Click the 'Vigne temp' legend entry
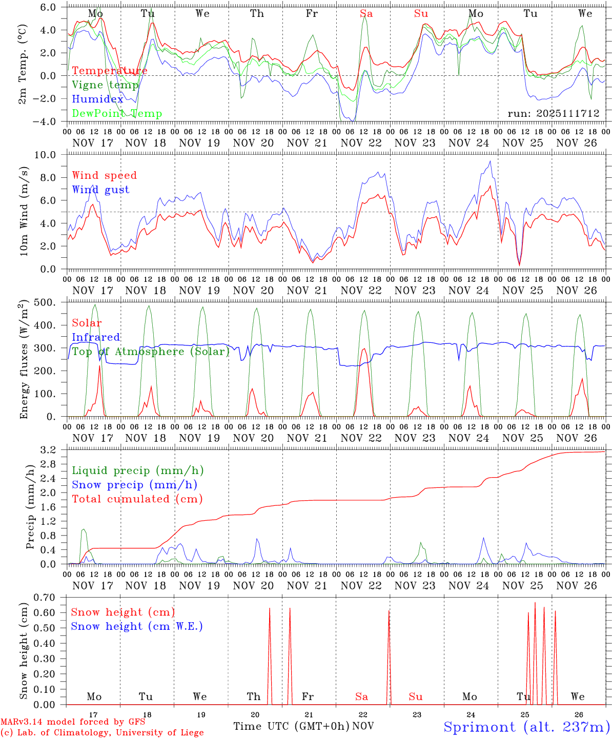point(105,85)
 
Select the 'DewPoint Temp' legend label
point(117,114)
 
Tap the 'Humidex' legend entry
point(97,99)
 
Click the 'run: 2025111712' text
point(553,113)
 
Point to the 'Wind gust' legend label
point(100,190)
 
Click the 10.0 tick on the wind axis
point(51,155)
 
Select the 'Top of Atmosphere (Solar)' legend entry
point(151,352)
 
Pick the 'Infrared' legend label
point(96,337)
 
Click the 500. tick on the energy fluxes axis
point(50,302)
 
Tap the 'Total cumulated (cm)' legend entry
point(137,499)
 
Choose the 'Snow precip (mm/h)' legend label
point(134,485)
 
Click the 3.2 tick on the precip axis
point(53,450)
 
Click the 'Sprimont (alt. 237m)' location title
point(526,727)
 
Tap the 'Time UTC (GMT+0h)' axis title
point(291,726)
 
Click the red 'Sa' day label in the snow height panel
point(361,696)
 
